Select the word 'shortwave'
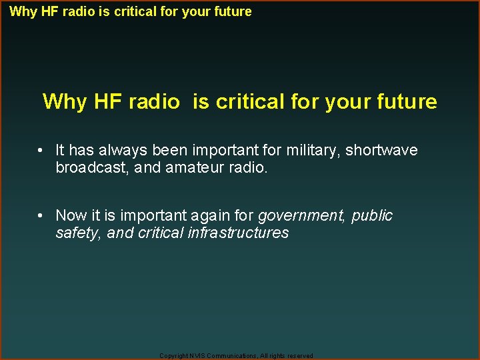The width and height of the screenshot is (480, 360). coord(381,151)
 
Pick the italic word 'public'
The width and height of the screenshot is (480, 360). coord(372,216)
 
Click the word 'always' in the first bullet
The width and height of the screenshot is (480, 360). coord(126,151)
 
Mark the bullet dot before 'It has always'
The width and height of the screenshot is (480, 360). coord(41,151)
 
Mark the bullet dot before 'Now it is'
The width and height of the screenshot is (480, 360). coord(41,216)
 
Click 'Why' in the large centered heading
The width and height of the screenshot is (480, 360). coord(64,102)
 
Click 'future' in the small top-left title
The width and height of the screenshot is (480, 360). coord(233,11)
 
